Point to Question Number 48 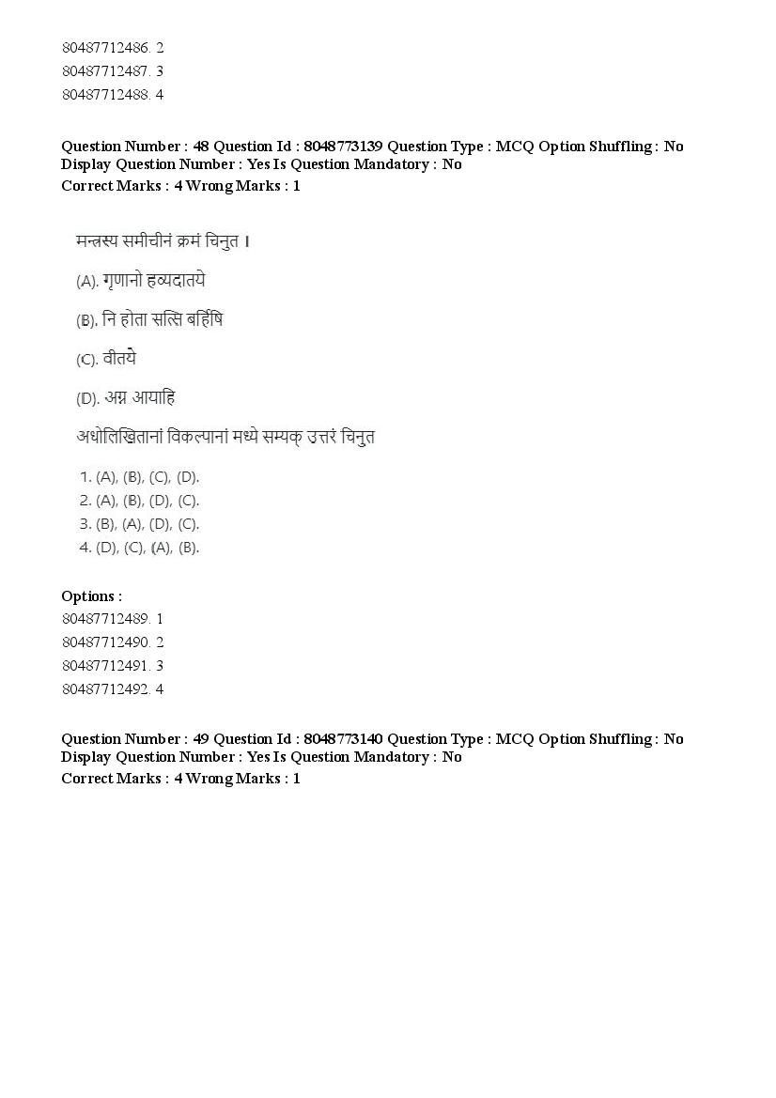tap(135, 146)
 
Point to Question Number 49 tap(135, 738)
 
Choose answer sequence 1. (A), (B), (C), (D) tap(140, 477)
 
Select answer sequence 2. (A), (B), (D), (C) tap(140, 501)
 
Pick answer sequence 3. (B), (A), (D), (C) tap(140, 524)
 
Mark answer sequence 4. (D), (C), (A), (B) tap(140, 548)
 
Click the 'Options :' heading tap(91, 595)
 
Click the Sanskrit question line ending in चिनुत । tap(163, 241)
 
